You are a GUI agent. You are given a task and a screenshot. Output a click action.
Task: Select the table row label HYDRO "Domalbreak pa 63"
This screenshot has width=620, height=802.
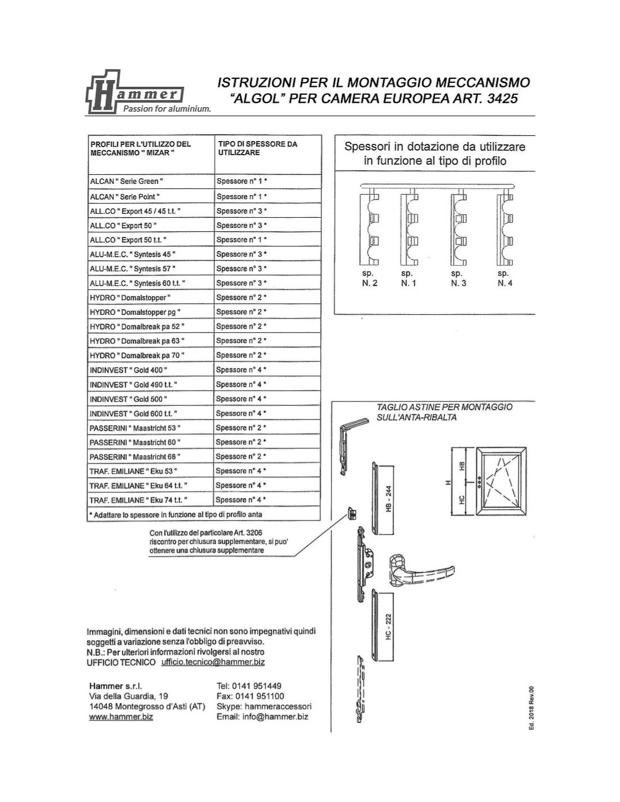[x=137, y=341]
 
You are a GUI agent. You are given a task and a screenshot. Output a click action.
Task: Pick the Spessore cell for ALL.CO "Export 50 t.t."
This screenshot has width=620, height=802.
[x=242, y=240]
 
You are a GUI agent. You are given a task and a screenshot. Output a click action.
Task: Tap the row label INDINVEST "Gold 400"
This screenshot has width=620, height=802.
[x=129, y=370]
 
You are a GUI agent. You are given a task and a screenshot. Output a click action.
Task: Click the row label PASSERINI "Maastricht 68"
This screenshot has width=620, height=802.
[x=135, y=457]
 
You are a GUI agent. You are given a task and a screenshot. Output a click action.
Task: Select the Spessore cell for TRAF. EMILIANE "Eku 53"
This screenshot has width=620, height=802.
[x=241, y=471]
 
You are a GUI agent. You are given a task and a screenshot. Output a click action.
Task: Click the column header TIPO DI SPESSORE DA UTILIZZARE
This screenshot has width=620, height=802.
[x=258, y=148]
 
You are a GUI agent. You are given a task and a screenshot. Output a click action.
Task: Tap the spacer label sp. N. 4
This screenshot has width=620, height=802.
[x=504, y=278]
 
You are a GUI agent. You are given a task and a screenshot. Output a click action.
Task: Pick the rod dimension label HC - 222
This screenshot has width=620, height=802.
[x=388, y=625]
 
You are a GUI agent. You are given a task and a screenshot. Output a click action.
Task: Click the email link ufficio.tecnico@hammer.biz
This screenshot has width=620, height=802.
[x=213, y=662]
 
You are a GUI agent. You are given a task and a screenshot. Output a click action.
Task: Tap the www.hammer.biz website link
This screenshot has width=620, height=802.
[x=121, y=717]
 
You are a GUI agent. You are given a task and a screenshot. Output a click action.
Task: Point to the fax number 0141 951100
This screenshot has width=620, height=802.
[x=250, y=697]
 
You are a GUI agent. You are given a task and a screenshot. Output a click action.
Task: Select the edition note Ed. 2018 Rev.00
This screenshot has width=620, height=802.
[x=531, y=708]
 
